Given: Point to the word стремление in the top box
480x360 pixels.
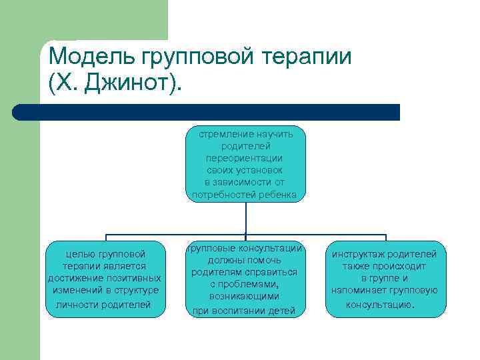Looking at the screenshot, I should tap(224, 134).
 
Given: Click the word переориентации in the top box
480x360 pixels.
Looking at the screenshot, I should tap(245, 159).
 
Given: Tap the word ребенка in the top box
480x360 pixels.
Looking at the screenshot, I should tap(281, 195).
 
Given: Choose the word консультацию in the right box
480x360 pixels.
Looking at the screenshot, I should tap(379, 304).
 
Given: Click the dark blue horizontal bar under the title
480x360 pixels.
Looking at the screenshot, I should tap(207, 111).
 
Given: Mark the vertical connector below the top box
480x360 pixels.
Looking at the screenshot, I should tap(246, 217).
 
